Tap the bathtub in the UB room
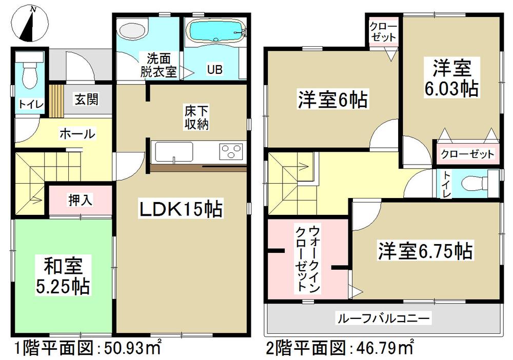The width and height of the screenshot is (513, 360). pos(214,32)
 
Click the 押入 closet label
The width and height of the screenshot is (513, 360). pos(80,199)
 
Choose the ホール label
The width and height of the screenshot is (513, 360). pos(77,134)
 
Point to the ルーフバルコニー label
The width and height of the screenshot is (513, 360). pos(383,318)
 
